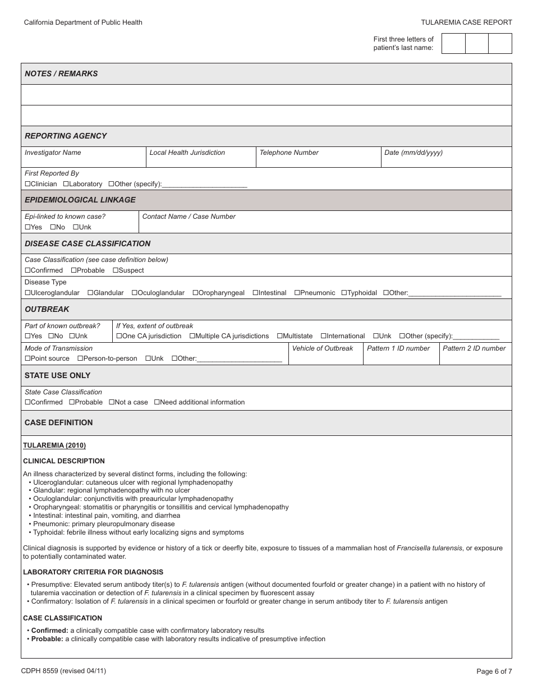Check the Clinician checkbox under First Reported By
pos(27,184)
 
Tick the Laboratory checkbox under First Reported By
pos(66,184)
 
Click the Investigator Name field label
pos(53,153)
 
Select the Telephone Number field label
pos(289,153)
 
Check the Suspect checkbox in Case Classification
pos(116,270)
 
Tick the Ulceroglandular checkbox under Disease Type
pos(27,293)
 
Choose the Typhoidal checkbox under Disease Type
pos(344,293)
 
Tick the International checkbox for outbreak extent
pos(323,336)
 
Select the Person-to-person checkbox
pos(80,358)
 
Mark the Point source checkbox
pos(27,358)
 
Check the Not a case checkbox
pos(111,402)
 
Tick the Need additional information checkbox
pos(157,402)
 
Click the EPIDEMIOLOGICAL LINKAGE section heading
pos(80,200)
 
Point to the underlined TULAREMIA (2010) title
pos(54,445)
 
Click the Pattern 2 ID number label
pos(474,348)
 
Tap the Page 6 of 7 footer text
pos(494,671)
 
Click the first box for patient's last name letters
pos(453,44)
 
